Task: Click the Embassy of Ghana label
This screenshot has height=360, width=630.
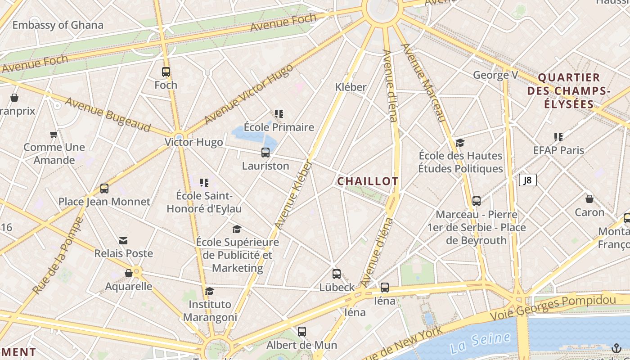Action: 58,25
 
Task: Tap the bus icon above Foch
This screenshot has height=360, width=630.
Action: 166,72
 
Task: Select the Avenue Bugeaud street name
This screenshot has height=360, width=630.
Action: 108,114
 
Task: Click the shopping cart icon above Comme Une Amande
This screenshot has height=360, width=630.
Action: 54,134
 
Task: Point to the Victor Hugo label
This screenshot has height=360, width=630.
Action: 193,142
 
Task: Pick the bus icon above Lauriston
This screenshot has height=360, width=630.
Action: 265,153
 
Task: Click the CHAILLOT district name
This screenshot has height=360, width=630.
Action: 368,181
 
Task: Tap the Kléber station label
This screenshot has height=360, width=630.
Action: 351,87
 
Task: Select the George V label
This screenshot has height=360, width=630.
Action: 495,75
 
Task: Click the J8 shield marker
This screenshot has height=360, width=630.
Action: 528,180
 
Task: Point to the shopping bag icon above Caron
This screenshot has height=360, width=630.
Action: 589,199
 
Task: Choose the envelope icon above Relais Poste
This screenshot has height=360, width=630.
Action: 123,241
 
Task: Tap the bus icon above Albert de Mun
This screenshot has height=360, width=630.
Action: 302,332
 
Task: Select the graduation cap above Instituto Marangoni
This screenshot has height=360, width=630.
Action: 209,292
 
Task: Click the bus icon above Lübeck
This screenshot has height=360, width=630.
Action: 337,274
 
